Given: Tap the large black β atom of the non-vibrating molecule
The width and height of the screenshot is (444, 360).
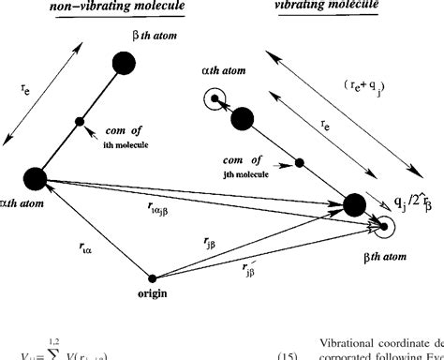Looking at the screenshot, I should click(123, 65).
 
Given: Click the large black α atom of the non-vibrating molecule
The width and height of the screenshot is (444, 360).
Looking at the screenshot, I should click(36, 179).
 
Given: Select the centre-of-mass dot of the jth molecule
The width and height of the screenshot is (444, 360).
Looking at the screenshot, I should click(300, 162).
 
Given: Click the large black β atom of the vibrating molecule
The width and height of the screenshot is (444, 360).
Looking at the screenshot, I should click(355, 204).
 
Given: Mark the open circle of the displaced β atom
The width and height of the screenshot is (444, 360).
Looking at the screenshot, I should click(380, 225).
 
